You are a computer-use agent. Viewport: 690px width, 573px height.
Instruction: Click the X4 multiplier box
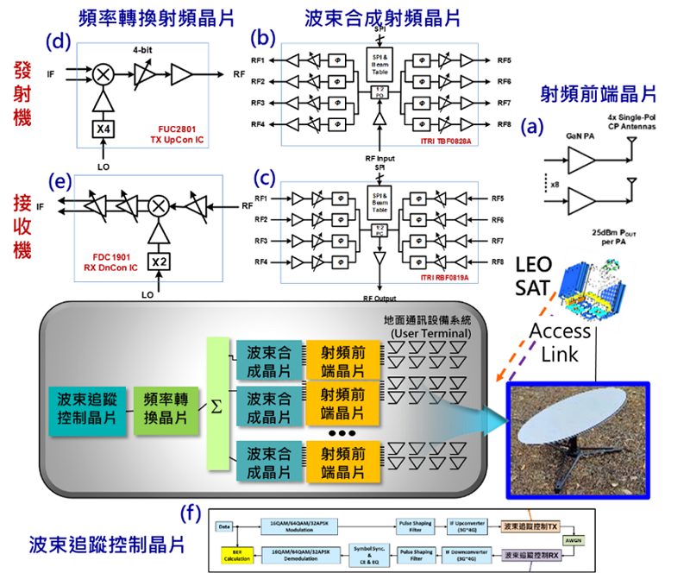point(103,130)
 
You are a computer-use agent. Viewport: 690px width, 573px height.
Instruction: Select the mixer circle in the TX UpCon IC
point(103,74)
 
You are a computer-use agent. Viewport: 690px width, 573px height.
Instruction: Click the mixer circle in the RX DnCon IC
point(157,205)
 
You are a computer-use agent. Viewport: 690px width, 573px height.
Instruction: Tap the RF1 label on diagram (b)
point(257,60)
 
